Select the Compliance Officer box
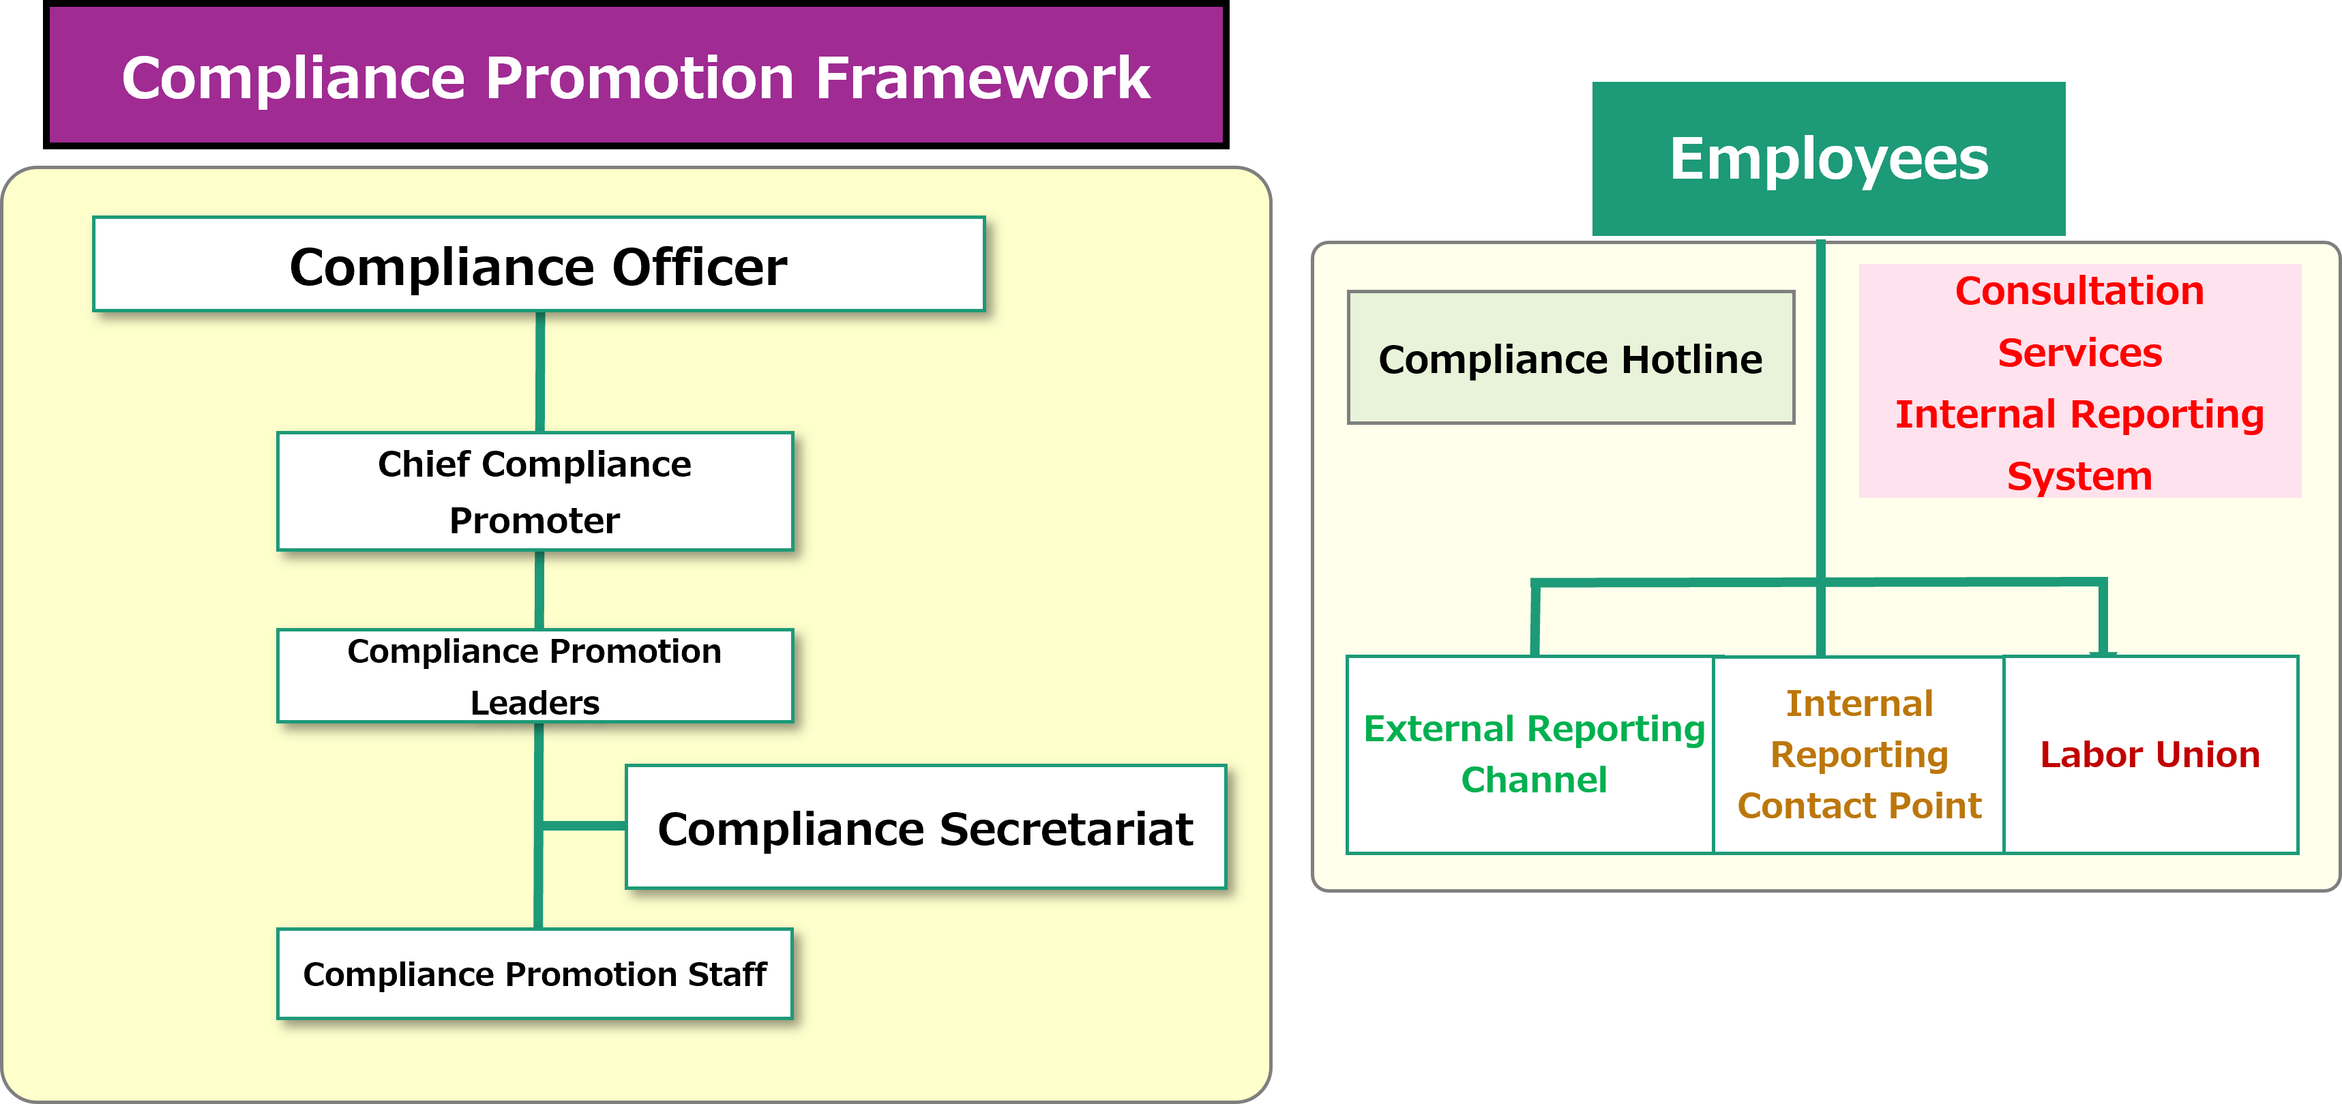coord(539,265)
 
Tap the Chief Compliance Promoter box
coord(535,491)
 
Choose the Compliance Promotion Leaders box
coord(535,676)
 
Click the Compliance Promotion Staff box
coord(535,974)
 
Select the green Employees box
coord(1828,159)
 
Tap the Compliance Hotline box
coord(1571,358)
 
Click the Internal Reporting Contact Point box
coord(1859,755)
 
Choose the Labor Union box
coord(2151,755)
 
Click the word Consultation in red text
coord(2080,291)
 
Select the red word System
coord(2080,477)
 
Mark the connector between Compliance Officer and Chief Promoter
coord(540,372)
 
